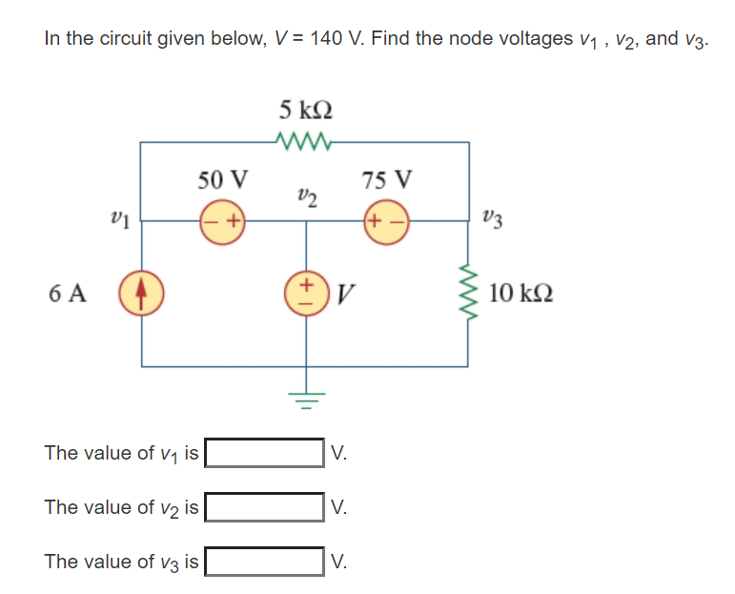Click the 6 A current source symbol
coord(142,293)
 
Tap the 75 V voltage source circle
coord(386,220)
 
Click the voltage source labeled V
coord(306,293)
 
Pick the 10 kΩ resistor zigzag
coord(467,293)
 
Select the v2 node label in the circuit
coord(306,197)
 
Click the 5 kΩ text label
coord(305,110)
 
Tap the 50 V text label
coord(222,179)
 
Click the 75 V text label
coord(388,179)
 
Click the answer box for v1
coord(265,452)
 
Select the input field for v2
coord(265,507)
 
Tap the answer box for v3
coord(265,562)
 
